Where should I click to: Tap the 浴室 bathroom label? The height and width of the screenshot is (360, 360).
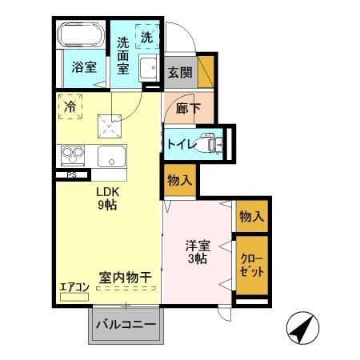[x=82, y=67]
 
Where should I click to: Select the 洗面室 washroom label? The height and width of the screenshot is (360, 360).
[x=124, y=56]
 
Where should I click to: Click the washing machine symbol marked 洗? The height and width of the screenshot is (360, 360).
[x=148, y=36]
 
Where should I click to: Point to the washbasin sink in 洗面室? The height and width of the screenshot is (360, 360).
[x=148, y=68]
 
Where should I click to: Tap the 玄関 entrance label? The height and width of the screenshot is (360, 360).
[x=179, y=72]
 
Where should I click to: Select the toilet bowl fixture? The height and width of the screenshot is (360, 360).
[x=210, y=142]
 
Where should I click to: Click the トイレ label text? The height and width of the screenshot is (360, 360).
[x=179, y=143]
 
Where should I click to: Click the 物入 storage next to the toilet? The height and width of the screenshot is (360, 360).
[x=178, y=180]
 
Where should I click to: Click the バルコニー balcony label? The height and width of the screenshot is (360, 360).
[x=126, y=325]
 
